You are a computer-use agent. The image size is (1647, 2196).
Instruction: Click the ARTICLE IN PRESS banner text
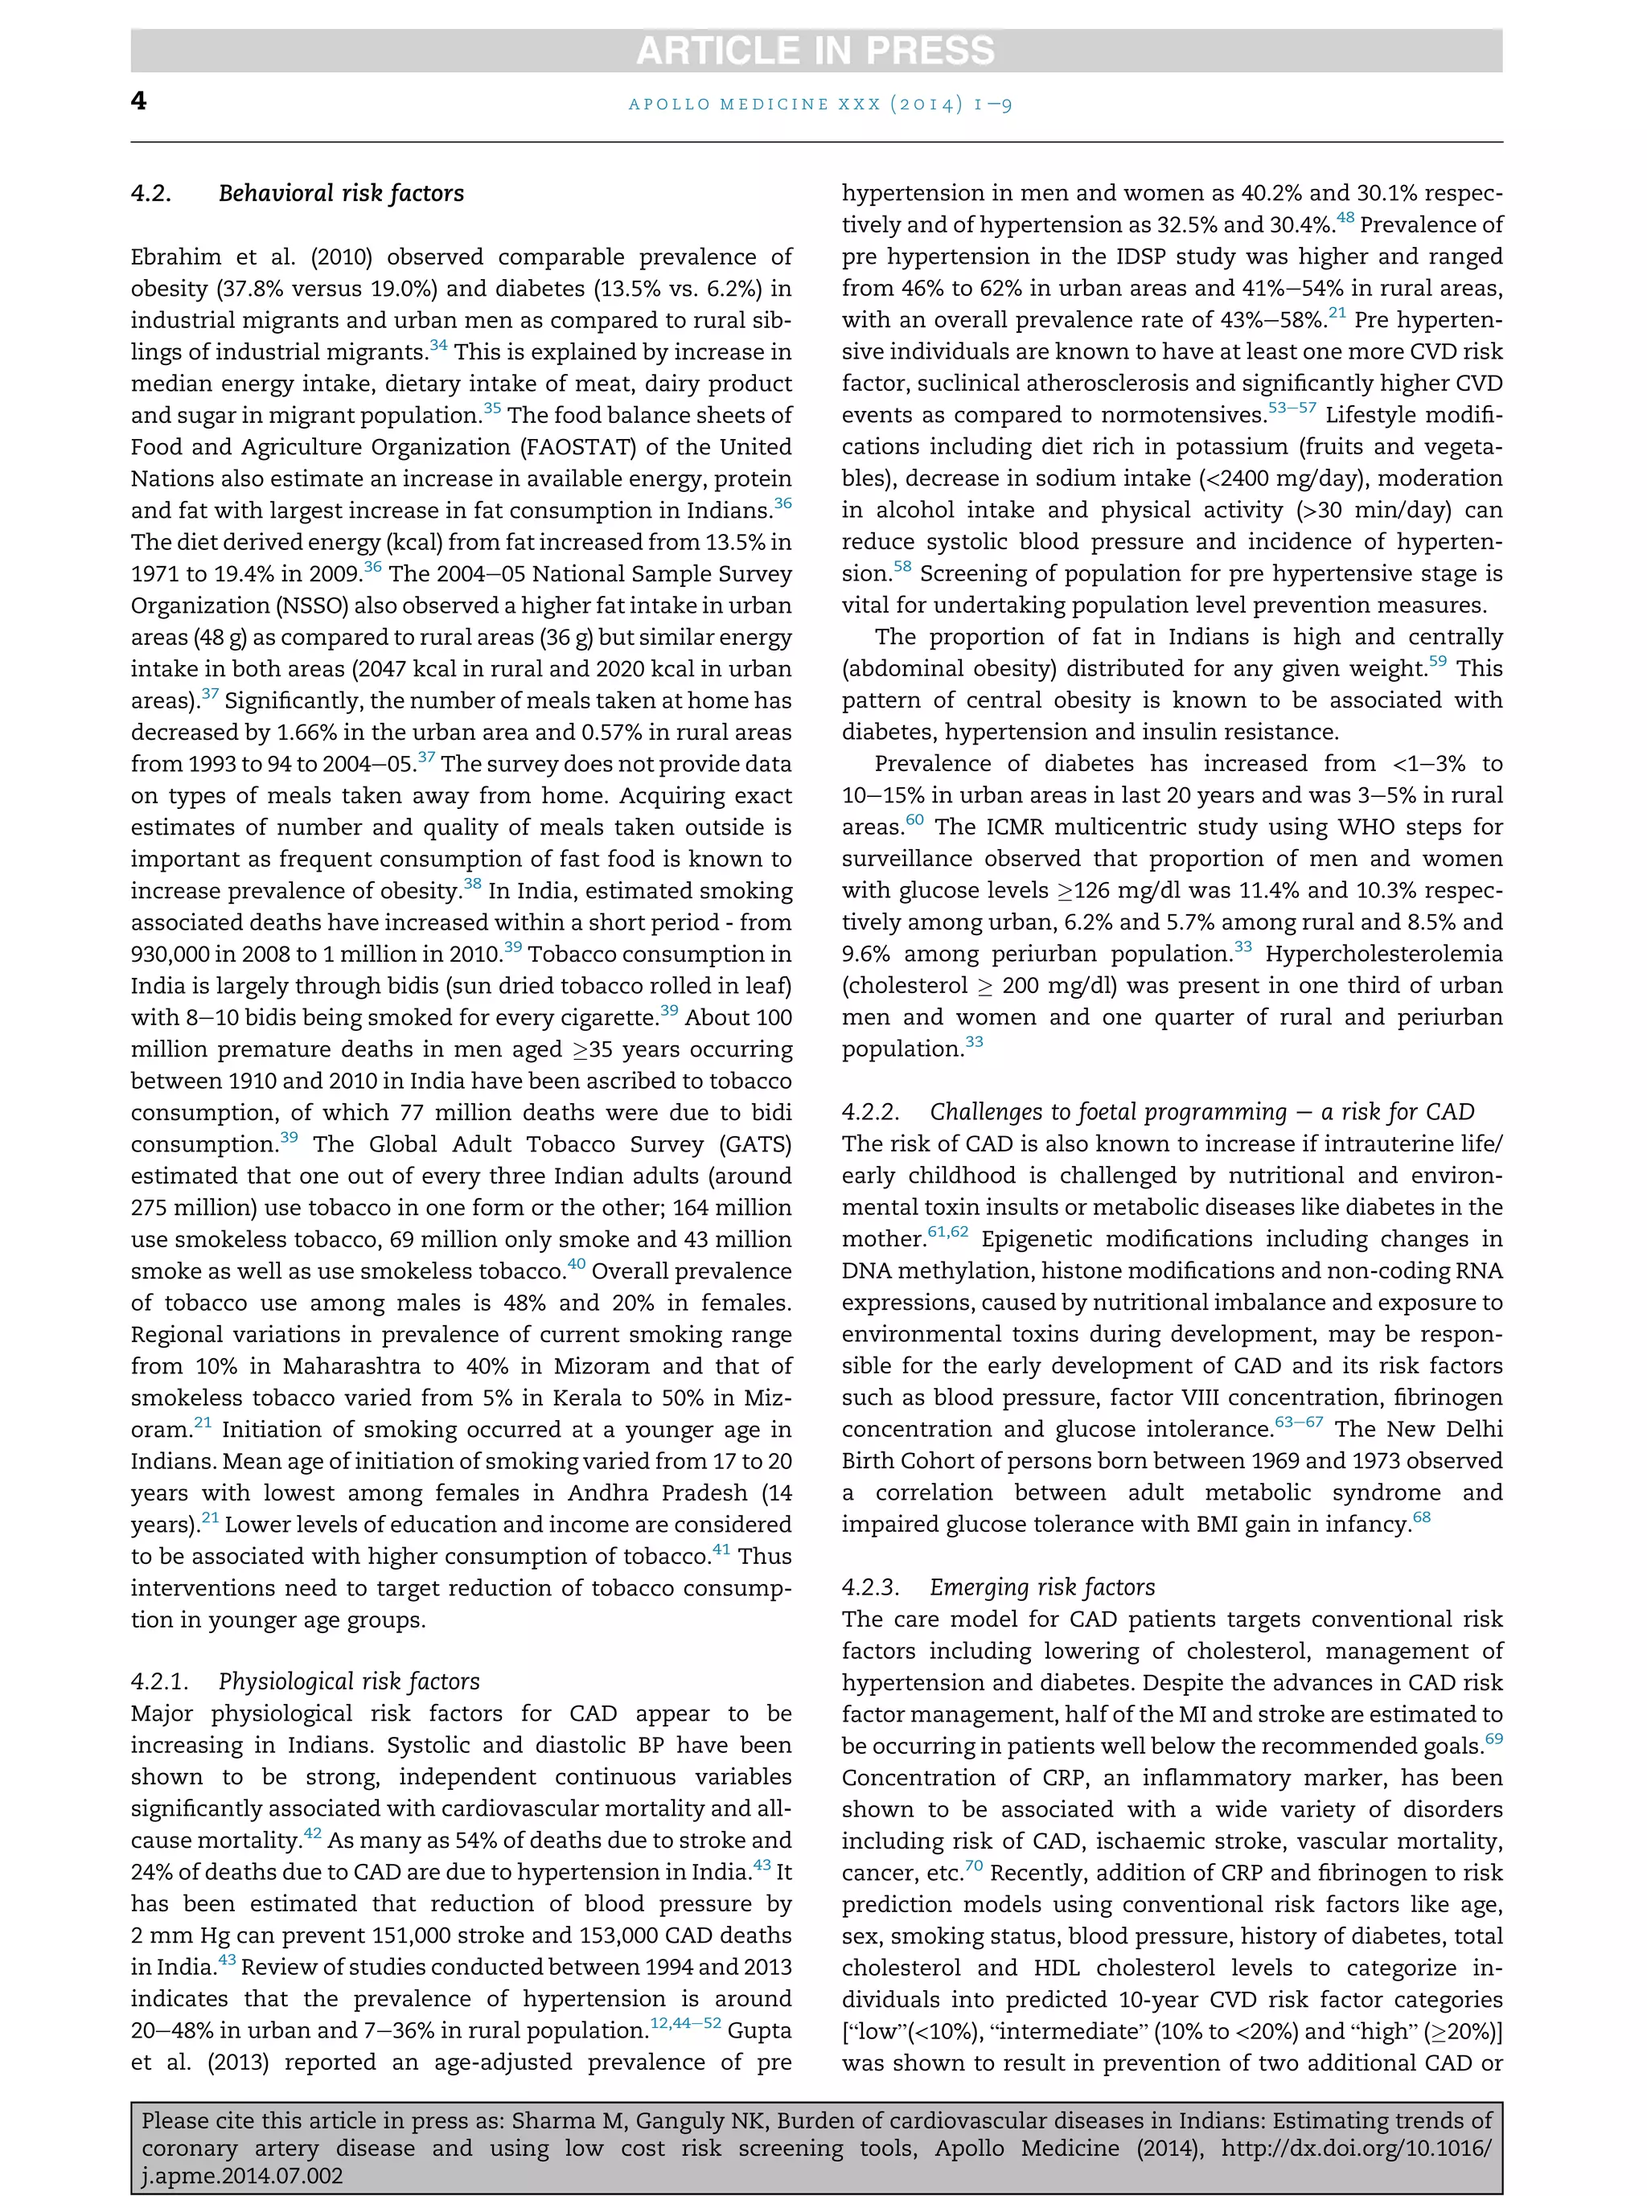pos(815,51)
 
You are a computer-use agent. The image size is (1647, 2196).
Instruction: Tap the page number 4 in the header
pos(139,101)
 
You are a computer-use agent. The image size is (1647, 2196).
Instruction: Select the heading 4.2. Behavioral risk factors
pos(297,194)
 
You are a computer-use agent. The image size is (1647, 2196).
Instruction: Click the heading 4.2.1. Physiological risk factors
pos(305,1681)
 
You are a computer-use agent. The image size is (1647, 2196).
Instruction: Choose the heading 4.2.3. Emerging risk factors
pos(998,1586)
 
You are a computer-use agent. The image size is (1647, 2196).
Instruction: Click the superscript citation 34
pos(437,346)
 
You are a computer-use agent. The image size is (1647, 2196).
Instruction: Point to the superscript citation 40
pos(576,1265)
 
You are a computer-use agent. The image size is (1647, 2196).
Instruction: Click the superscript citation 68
pos(1422,1517)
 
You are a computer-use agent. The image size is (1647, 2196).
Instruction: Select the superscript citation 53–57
pos(1292,408)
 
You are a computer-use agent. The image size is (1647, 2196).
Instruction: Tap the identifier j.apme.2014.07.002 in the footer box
pos(241,2176)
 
